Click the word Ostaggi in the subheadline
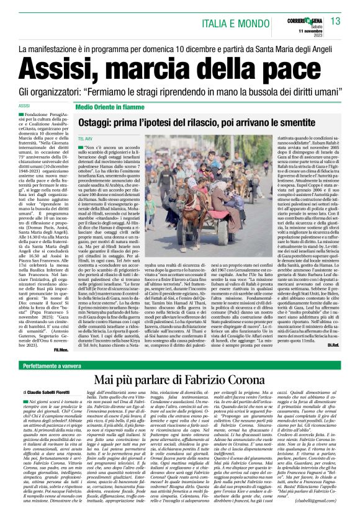(99, 124)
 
